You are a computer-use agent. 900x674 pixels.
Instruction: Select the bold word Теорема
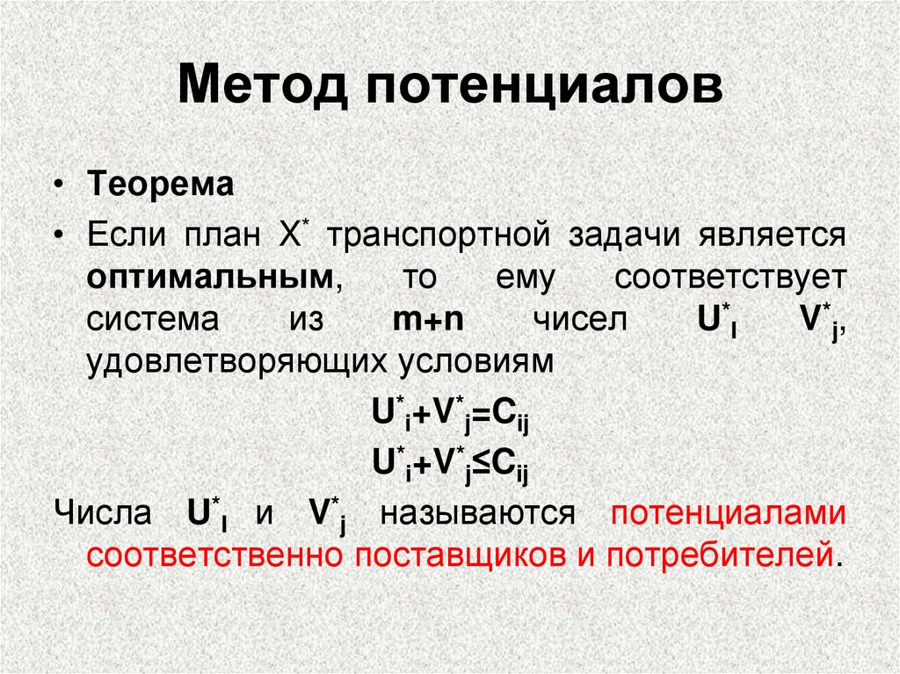click(x=160, y=186)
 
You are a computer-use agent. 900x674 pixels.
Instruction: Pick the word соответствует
click(x=730, y=278)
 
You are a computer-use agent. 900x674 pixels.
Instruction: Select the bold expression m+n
click(x=429, y=319)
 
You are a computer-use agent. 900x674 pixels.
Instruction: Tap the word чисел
click(x=580, y=319)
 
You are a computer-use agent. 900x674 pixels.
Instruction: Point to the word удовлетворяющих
click(x=231, y=362)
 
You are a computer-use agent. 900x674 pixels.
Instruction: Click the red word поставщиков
click(x=444, y=555)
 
